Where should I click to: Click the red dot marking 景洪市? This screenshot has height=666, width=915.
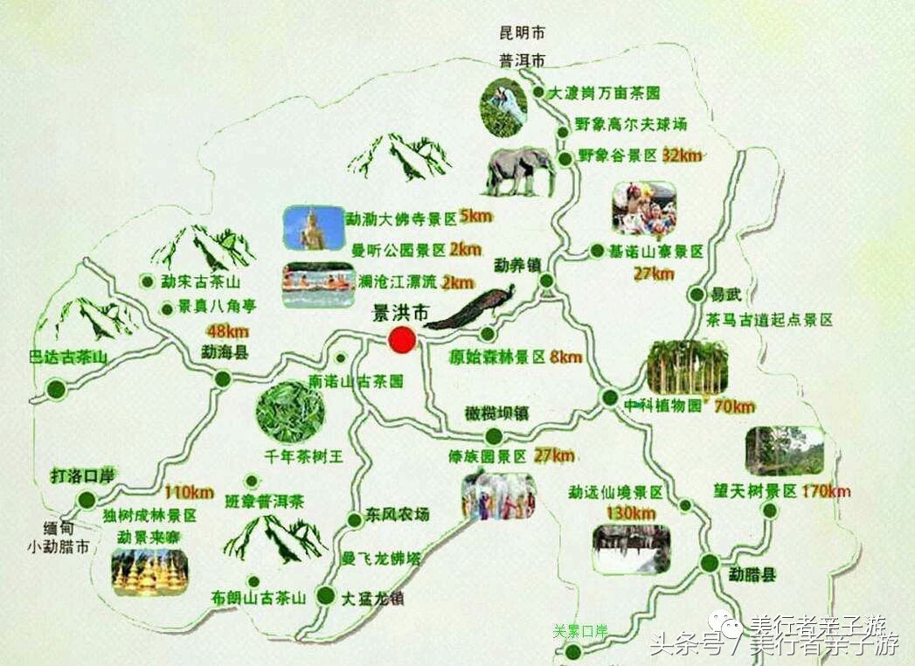pos(402,341)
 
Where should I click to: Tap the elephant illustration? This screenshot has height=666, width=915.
pos(521,170)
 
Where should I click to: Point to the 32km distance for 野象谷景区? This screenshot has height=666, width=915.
pos(683,156)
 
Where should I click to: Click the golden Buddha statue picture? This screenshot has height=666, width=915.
pos(310,227)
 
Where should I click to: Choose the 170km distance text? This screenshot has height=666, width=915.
pos(824,490)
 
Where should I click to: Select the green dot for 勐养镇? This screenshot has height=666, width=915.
pos(547,281)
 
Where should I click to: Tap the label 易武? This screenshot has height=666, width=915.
pos(721,295)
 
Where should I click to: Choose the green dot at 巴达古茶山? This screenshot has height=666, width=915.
pos(57,387)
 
